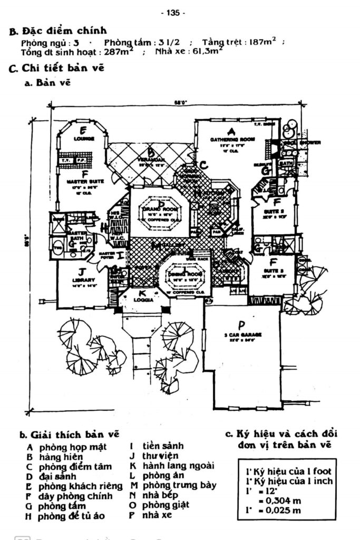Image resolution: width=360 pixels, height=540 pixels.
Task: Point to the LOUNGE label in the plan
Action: [84, 139]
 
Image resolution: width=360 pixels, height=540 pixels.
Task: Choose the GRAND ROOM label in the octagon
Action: [158, 210]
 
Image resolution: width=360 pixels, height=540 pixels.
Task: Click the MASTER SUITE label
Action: [84, 181]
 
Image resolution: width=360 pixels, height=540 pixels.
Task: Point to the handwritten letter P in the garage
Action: [242, 324]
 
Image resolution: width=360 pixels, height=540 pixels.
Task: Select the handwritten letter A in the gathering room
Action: [230, 131]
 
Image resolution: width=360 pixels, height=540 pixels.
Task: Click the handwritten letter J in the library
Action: [82, 271]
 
